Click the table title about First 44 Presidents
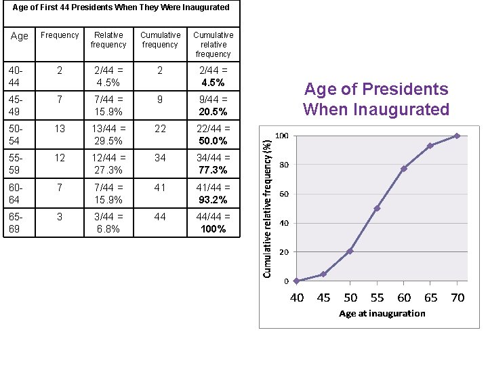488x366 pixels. pyautogui.click(x=121, y=7)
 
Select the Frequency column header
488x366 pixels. pyautogui.click(x=60, y=35)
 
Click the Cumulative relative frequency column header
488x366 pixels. pyautogui.click(x=213, y=44)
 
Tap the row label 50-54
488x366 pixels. pyautogui.click(x=15, y=134)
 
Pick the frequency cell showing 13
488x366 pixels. pyautogui.click(x=60, y=129)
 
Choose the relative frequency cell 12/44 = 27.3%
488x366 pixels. pyautogui.click(x=108, y=163)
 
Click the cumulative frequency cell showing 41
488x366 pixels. pyautogui.click(x=160, y=188)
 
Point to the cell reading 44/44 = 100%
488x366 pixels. pyautogui.click(x=213, y=223)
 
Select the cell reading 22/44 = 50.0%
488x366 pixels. pyautogui.click(x=213, y=134)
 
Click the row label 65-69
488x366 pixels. pyautogui.click(x=15, y=223)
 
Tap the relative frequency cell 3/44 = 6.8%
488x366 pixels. pyautogui.click(x=108, y=223)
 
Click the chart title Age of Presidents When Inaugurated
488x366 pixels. pyautogui.click(x=376, y=99)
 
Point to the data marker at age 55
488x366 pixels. pyautogui.click(x=377, y=208)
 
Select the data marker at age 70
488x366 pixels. pyautogui.click(x=457, y=136)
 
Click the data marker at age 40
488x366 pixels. pyautogui.click(x=296, y=281)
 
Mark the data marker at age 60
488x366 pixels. pyautogui.click(x=403, y=169)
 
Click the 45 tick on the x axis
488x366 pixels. pyautogui.click(x=323, y=298)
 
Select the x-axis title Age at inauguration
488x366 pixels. pyautogui.click(x=382, y=313)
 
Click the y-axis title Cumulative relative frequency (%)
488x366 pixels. pyautogui.click(x=268, y=203)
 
